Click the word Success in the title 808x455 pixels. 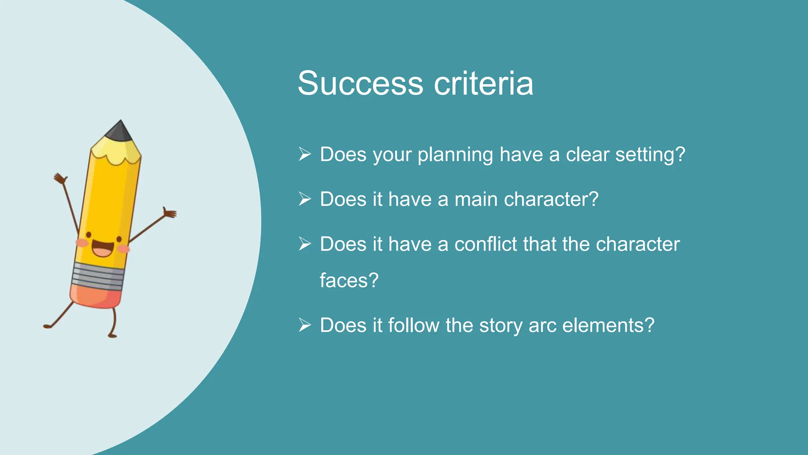coord(360,83)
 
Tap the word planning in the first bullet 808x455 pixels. coord(455,154)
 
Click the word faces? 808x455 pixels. coord(349,280)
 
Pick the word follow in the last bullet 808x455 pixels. coord(413,325)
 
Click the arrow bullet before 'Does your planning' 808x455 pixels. coord(305,154)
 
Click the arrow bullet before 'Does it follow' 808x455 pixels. coord(305,325)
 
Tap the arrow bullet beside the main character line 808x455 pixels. coord(305,199)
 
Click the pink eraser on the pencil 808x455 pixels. coord(95,296)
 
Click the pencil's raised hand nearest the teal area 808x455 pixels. coord(170,213)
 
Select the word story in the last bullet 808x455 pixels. coord(501,326)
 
